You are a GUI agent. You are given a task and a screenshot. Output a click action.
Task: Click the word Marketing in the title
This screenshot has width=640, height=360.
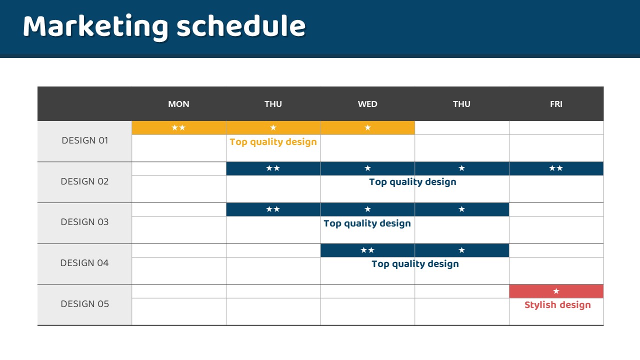[x=95, y=27]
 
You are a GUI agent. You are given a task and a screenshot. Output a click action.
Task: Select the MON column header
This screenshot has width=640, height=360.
[x=178, y=104]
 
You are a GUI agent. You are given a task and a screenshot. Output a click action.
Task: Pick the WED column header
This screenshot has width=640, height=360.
[x=367, y=104]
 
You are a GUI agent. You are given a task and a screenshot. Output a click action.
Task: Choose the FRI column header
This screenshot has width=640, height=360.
[x=556, y=104]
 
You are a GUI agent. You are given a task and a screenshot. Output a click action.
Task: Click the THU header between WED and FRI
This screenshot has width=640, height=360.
[x=461, y=104]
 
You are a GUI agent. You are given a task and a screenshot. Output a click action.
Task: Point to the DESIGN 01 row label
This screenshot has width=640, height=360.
[x=85, y=140]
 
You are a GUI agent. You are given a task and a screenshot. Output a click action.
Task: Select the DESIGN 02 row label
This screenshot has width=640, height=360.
[x=84, y=181]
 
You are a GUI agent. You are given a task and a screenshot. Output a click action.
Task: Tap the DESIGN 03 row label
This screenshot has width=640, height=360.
[x=84, y=221]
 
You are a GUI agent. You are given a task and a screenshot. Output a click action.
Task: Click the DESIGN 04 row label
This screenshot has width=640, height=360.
[x=84, y=262]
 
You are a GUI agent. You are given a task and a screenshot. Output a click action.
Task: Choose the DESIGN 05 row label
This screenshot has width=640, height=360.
[x=85, y=303]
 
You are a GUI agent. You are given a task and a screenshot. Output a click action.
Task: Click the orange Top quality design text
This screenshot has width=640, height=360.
[x=273, y=142]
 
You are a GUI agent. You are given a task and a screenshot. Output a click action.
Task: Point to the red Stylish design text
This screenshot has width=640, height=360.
[x=557, y=305]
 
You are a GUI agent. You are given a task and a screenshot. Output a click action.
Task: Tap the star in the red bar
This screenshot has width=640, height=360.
[x=556, y=291]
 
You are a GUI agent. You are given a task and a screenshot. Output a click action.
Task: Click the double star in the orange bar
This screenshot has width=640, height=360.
[x=178, y=127]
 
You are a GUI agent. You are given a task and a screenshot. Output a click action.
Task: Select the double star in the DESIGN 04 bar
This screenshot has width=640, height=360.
[x=367, y=250]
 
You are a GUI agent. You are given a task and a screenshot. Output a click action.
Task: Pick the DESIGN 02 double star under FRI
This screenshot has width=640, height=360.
[x=556, y=168]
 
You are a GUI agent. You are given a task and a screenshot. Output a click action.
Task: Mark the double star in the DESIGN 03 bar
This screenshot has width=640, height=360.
[x=273, y=209]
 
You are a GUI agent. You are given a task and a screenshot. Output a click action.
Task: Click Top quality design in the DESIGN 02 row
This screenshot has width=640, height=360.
[x=412, y=182]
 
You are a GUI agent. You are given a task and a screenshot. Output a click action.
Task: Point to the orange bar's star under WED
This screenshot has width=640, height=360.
[x=367, y=127]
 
